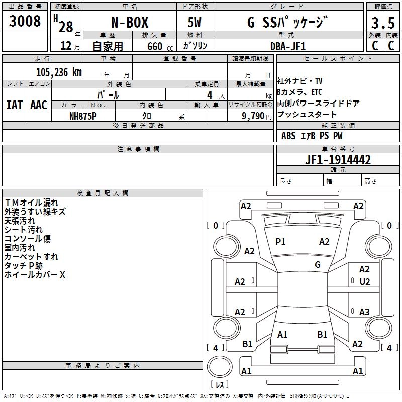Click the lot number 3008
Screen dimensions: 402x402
25,21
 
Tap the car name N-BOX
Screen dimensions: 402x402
130,23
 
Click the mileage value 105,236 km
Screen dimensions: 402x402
58,72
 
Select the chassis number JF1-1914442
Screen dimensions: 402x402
338,160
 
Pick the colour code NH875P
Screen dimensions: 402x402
83,115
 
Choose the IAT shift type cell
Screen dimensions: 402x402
14,105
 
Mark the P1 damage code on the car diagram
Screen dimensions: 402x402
280,242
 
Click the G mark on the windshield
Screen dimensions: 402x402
317,264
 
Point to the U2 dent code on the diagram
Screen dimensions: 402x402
364,282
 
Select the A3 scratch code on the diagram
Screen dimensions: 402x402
364,312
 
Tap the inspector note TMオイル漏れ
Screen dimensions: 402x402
31,203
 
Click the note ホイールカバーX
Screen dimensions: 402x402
35,275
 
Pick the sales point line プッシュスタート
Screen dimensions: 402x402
307,115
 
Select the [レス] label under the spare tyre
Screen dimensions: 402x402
220,385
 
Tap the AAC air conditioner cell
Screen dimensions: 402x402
39,105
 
